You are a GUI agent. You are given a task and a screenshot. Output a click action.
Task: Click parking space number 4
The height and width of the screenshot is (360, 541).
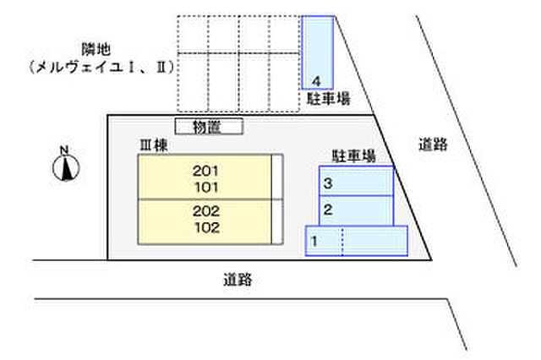click(x=318, y=52)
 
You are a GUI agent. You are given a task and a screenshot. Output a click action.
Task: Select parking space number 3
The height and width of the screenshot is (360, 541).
click(x=356, y=181)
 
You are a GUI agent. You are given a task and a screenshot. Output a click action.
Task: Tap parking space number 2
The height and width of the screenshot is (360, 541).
click(x=356, y=210)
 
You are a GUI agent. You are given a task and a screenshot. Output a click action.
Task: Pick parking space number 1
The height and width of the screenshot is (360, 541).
click(x=357, y=241)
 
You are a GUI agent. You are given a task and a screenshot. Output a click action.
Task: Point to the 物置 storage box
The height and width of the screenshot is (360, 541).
click(x=209, y=127)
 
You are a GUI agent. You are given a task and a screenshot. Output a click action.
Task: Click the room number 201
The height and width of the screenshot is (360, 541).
click(x=205, y=171)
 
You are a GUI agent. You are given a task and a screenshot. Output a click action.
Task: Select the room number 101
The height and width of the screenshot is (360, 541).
click(x=206, y=188)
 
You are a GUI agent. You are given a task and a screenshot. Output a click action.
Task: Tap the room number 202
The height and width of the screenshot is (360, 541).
click(x=206, y=211)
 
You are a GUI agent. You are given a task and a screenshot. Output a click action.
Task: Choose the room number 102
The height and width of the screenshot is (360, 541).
click(x=207, y=227)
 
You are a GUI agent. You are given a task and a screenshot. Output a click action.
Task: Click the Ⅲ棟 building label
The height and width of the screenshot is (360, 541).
click(x=154, y=145)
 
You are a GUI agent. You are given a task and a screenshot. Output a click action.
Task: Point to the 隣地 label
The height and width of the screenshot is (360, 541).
click(x=96, y=49)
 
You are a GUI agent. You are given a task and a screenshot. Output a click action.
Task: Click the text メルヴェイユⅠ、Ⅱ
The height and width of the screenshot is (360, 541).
click(x=101, y=68)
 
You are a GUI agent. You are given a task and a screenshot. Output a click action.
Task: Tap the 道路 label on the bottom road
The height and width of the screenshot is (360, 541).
click(x=238, y=280)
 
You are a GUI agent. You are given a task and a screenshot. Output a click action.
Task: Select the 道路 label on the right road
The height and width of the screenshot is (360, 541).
click(x=433, y=145)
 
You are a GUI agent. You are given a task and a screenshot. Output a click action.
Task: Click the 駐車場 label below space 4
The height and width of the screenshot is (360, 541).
click(x=329, y=99)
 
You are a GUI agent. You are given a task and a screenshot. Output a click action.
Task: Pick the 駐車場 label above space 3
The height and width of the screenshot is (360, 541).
click(x=353, y=155)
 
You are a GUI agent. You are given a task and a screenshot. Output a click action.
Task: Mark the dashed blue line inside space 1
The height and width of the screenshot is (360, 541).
click(x=342, y=241)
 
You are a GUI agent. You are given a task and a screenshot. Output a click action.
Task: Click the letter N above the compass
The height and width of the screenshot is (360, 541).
click(x=64, y=150)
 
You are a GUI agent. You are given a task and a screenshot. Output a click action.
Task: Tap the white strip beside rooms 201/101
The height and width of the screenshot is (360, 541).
click(x=277, y=177)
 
